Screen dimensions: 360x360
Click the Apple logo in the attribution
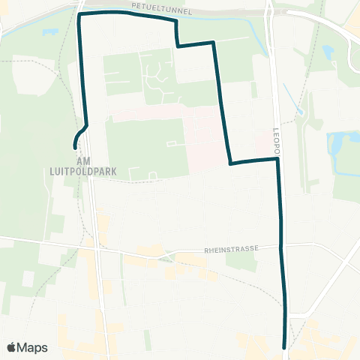tap(11, 347)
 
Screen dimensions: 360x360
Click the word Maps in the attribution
tap(32, 347)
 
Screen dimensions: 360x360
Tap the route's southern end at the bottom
tap(284, 347)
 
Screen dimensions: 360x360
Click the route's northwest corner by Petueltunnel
tap(79, 14)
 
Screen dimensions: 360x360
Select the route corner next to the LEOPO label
tap(277, 158)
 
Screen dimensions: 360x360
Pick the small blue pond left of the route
tap(51, 33)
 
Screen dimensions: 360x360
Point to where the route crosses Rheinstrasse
tap(281, 245)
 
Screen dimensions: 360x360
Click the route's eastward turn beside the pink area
tap(229, 163)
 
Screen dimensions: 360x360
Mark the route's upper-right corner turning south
tap(214, 43)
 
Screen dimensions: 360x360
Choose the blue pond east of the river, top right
tap(328, 52)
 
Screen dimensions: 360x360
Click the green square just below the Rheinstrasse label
tap(239, 260)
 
